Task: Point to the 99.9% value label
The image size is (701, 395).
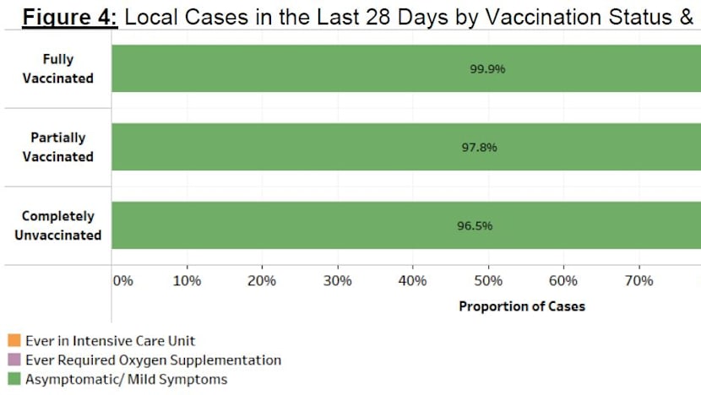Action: click(x=487, y=69)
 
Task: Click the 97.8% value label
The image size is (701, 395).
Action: click(x=480, y=148)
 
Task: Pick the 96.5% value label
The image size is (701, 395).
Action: click(x=475, y=226)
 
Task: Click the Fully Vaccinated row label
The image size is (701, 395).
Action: click(x=58, y=68)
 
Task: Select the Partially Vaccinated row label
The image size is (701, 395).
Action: click(x=58, y=147)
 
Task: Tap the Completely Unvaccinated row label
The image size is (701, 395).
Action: click(x=58, y=225)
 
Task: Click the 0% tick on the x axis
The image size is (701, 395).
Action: click(x=122, y=281)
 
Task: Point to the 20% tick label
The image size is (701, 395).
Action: click(x=263, y=281)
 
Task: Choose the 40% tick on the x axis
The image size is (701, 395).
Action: click(x=413, y=281)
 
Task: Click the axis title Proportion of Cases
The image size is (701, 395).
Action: click(x=521, y=306)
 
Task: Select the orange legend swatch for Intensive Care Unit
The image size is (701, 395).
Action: click(x=14, y=341)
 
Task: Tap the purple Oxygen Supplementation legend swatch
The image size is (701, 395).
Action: click(x=14, y=360)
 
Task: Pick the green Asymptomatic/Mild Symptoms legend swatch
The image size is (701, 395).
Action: click(x=14, y=380)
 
